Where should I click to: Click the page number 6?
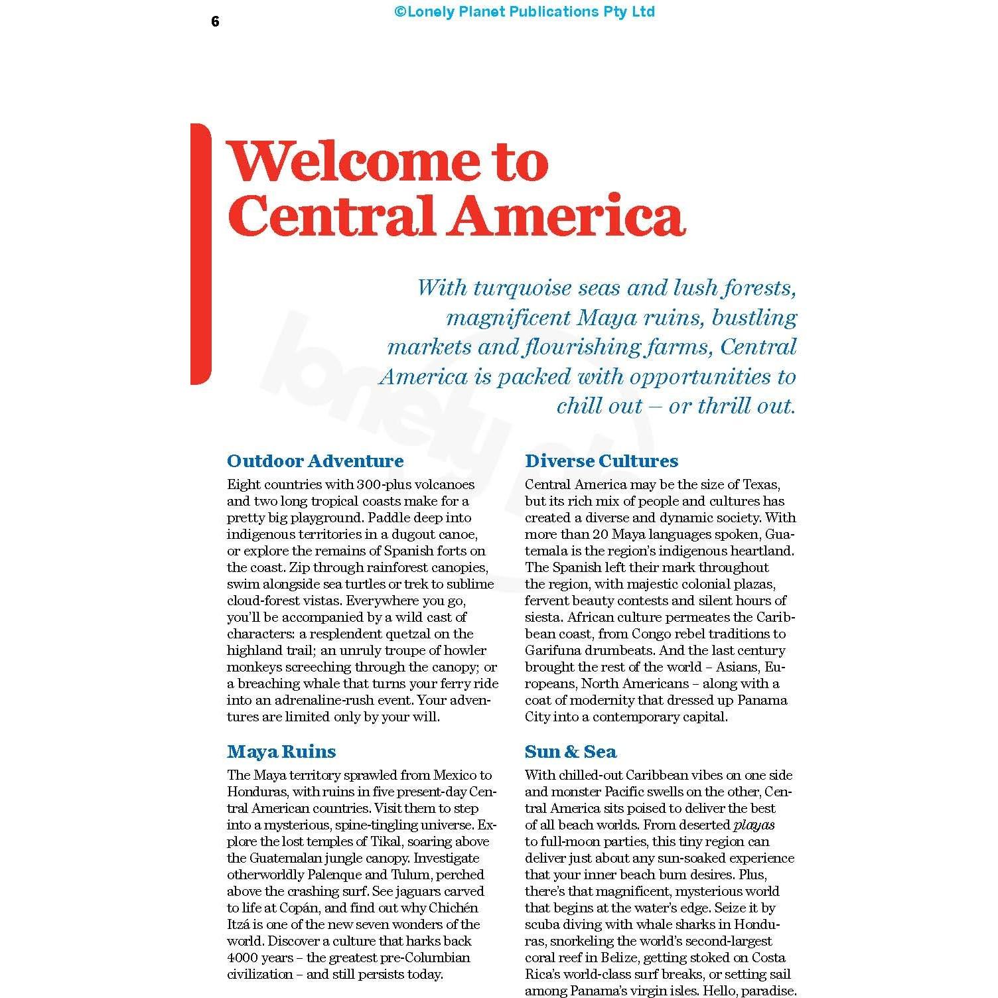point(215,22)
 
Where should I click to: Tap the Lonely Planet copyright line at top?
point(524,11)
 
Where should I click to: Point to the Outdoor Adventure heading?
point(315,461)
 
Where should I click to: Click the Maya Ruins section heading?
point(281,752)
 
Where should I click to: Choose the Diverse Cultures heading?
point(601,461)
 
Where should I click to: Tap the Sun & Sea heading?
point(571,752)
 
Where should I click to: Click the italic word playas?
point(754,825)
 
